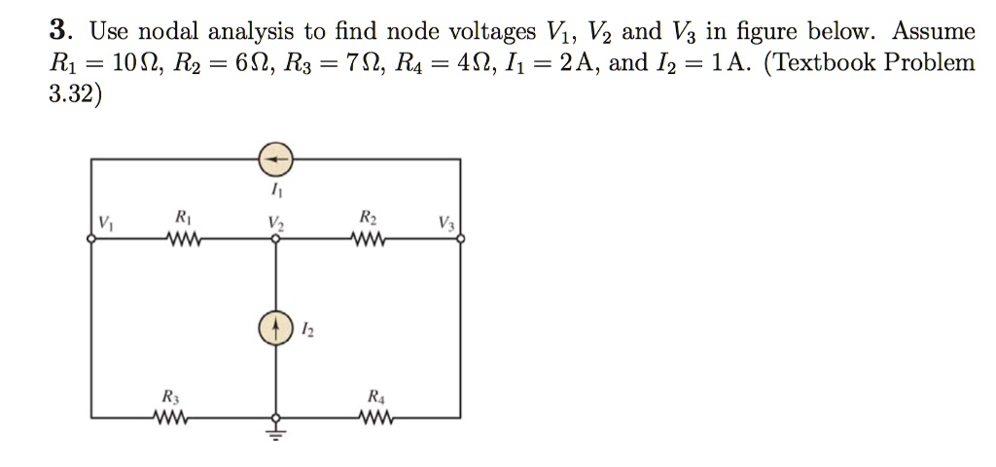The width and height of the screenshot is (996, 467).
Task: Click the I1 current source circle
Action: [x=276, y=159]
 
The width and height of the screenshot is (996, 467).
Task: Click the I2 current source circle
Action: [x=276, y=328]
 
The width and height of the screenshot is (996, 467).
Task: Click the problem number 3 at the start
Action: [x=56, y=32]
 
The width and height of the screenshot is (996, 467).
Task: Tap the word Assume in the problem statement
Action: [x=933, y=32]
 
